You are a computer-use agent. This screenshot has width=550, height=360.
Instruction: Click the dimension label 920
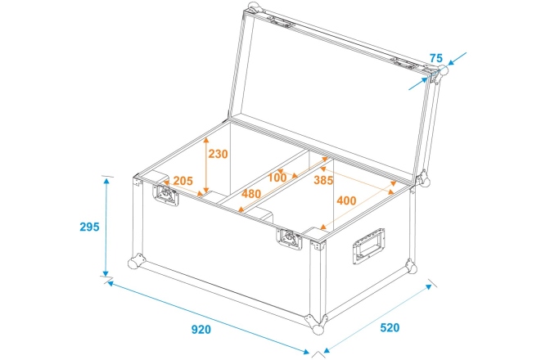pyautogui.click(x=201, y=330)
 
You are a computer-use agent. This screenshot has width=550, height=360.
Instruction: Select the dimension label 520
pyautogui.click(x=390, y=328)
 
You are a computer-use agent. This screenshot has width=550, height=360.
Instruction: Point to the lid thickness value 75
pyautogui.click(x=435, y=58)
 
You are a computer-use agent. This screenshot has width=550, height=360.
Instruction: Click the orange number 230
pyautogui.click(x=218, y=154)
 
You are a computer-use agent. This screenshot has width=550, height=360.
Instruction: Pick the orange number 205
pyautogui.click(x=183, y=181)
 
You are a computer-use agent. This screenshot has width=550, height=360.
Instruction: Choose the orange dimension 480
pyautogui.click(x=251, y=194)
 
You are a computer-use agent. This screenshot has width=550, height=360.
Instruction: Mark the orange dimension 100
pyautogui.click(x=277, y=178)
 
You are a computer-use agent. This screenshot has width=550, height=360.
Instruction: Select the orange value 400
pyautogui.click(x=345, y=200)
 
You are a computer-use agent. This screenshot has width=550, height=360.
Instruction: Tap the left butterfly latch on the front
pyautogui.click(x=167, y=196)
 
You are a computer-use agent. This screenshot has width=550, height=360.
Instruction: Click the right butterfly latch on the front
pyautogui.click(x=290, y=240)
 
